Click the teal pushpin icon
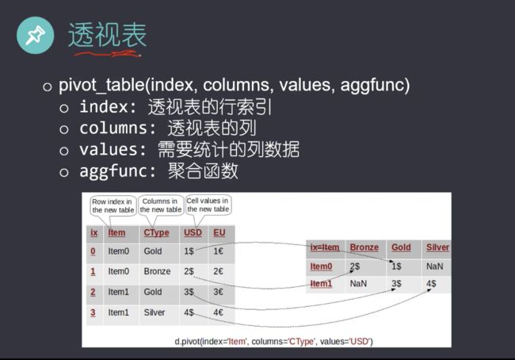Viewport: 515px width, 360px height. click(x=35, y=35)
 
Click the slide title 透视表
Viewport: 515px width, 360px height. click(x=107, y=35)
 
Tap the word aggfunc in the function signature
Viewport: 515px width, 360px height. click(x=372, y=86)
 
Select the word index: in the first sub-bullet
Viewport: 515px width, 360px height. click(x=108, y=107)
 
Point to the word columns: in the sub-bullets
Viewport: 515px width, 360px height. click(x=118, y=128)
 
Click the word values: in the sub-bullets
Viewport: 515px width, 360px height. click(x=113, y=150)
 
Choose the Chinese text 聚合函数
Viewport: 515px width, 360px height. click(x=203, y=171)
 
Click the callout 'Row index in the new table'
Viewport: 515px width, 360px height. click(x=113, y=206)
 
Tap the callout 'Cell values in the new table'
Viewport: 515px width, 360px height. click(x=208, y=205)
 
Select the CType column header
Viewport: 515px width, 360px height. click(x=156, y=233)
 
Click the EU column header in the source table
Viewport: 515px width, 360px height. click(x=219, y=233)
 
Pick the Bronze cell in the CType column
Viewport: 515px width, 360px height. click(x=157, y=271)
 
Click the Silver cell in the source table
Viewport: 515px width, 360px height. click(x=154, y=312)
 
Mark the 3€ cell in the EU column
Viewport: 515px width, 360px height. click(x=218, y=292)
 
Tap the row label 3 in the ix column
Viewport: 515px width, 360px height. click(x=93, y=312)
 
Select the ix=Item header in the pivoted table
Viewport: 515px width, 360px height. click(x=325, y=247)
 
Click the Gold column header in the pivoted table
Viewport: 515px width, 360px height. click(x=401, y=247)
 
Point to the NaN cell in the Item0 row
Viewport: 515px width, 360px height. click(x=434, y=266)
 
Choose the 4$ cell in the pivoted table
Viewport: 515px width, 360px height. click(x=431, y=283)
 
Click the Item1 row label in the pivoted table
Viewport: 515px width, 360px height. click(x=321, y=283)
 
